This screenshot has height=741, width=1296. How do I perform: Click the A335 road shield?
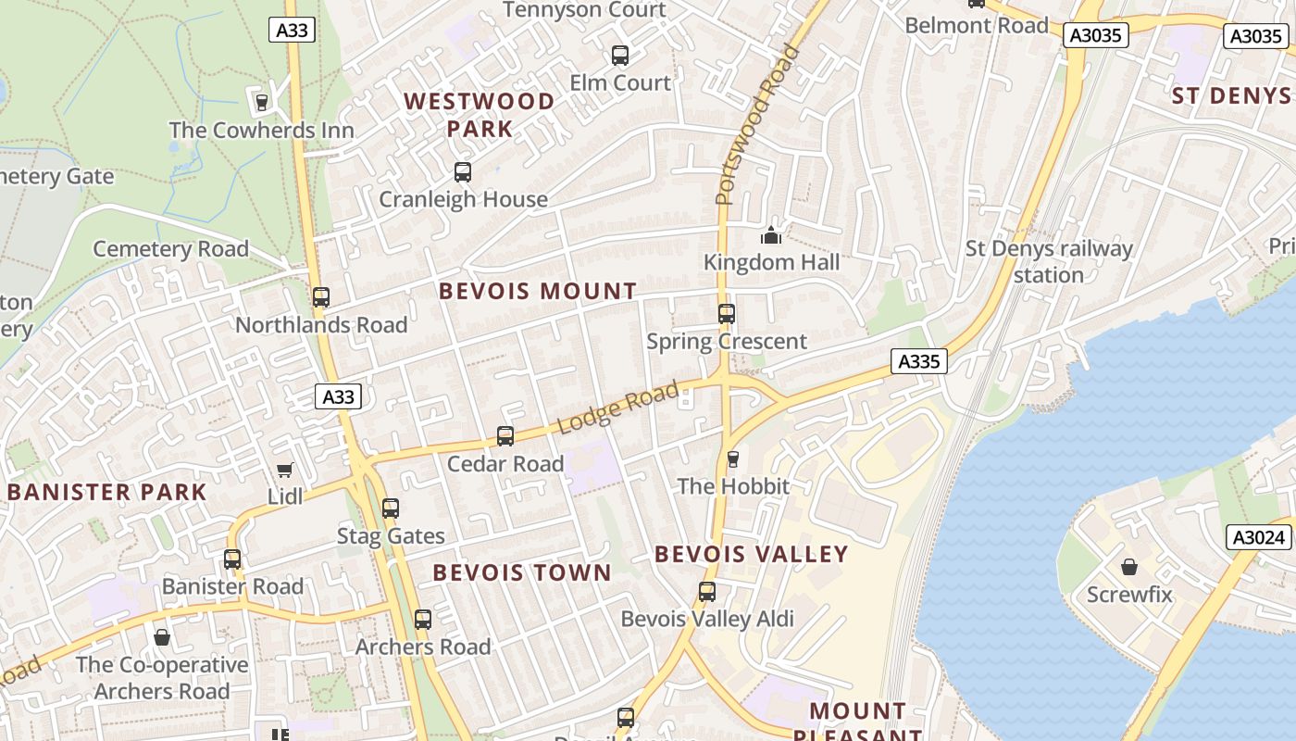point(918,361)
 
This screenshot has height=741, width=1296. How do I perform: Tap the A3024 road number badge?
point(1260,537)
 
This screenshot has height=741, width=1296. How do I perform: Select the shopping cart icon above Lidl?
point(285,471)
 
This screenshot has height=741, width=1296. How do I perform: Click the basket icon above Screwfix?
point(1129,567)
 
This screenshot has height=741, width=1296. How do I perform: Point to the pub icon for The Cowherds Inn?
point(261,102)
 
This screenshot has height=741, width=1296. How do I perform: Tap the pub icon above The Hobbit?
point(733,458)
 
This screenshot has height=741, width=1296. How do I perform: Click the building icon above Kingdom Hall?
point(771,235)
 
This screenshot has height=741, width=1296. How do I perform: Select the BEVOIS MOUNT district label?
point(538,291)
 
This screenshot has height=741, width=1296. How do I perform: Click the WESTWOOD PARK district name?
point(480,114)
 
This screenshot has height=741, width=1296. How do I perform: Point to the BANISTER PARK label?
point(106,492)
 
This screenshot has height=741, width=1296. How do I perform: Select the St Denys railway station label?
point(1049,261)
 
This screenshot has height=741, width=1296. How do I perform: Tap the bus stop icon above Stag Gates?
point(391,509)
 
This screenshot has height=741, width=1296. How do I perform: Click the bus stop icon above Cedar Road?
point(505,436)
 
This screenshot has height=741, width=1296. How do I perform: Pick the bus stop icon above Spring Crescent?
point(727,314)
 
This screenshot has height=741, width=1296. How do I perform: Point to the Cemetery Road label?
point(171,248)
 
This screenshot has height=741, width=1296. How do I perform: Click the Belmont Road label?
point(977,25)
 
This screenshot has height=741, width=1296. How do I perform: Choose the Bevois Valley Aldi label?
point(707,618)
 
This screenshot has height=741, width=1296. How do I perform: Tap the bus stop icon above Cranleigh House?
point(463,172)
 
